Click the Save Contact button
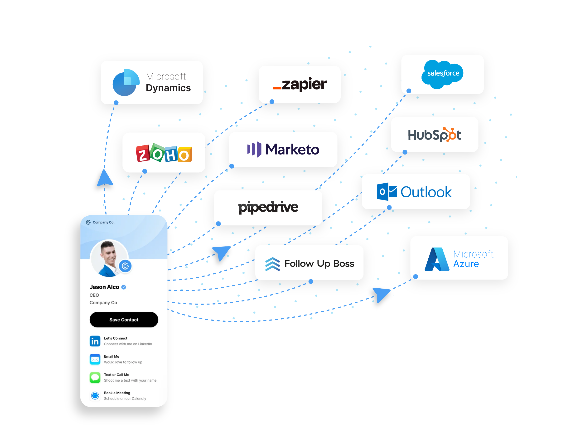(x=124, y=320)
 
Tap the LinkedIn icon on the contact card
(x=95, y=341)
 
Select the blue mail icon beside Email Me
(x=95, y=359)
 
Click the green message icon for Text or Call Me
(x=95, y=377)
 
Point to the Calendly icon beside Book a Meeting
(x=95, y=395)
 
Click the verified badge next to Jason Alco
(x=124, y=287)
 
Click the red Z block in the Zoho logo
(x=142, y=154)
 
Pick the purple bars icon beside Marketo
(x=254, y=149)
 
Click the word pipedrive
(x=268, y=207)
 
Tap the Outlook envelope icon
(x=387, y=192)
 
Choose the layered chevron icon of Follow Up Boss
(x=272, y=264)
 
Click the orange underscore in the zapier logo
(x=277, y=88)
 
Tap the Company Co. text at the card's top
(x=103, y=222)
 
